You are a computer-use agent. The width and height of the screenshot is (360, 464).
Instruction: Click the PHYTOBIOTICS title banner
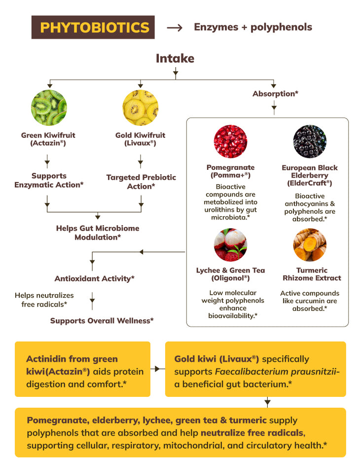click(93, 27)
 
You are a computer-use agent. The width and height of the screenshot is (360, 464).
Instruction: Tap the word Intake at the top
click(175, 58)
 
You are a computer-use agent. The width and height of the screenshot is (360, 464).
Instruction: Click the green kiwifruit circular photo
click(49, 108)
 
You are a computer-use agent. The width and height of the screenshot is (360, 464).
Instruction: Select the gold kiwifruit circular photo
click(140, 108)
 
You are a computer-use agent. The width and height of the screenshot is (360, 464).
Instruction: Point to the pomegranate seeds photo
click(230, 142)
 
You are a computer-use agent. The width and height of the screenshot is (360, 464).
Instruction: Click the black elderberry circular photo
click(310, 142)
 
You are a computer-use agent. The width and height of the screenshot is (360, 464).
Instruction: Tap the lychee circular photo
click(230, 244)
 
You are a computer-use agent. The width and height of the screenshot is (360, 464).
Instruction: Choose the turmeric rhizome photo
click(310, 244)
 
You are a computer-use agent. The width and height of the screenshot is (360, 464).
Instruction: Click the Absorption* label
click(275, 93)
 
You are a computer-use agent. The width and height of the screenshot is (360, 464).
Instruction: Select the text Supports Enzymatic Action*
click(49, 180)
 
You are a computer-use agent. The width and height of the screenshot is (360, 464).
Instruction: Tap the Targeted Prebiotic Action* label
click(141, 182)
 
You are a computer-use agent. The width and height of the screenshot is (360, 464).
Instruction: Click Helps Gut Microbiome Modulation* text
click(98, 232)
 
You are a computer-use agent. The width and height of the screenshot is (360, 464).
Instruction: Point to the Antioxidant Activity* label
click(94, 278)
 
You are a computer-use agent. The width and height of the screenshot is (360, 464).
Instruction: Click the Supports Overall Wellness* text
click(102, 321)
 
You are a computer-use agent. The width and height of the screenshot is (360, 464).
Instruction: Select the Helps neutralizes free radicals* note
click(44, 300)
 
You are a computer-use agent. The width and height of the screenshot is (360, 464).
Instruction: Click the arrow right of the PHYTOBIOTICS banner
click(175, 28)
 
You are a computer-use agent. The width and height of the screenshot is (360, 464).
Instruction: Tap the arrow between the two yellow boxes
click(157, 369)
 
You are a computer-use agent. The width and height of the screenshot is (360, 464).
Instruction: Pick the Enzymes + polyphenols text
click(253, 27)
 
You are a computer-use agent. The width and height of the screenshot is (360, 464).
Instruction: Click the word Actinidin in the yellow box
click(50, 359)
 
